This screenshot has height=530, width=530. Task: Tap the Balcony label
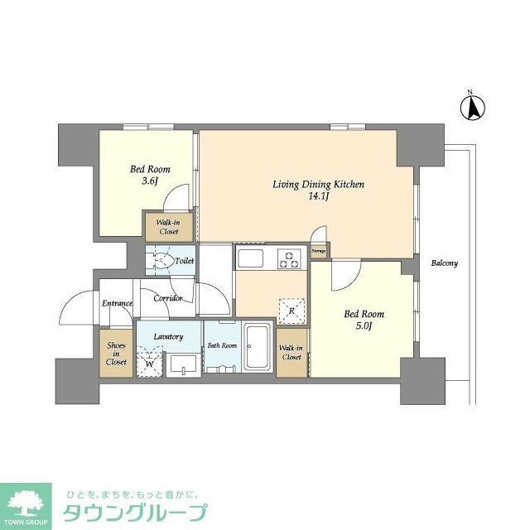[x=444, y=263]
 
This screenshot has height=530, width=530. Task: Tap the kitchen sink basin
[x=251, y=258]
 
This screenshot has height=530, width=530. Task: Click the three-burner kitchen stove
[x=289, y=259]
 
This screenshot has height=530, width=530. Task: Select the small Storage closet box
[x=319, y=250]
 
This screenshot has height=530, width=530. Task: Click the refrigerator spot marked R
[x=291, y=310]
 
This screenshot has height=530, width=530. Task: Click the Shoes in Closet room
[x=115, y=354]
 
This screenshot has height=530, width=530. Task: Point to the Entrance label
[x=117, y=303]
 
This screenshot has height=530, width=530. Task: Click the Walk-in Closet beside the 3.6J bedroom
[x=169, y=228]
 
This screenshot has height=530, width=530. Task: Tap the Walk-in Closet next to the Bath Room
[x=291, y=352]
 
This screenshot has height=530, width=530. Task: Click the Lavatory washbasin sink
[x=182, y=364]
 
